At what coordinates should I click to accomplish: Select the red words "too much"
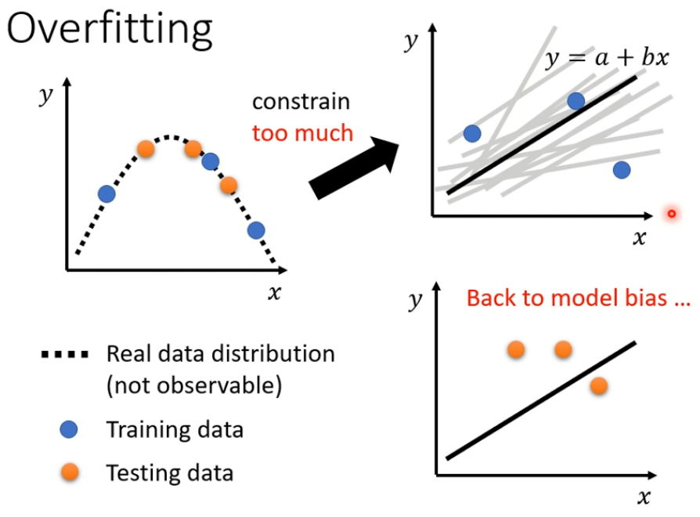(302, 133)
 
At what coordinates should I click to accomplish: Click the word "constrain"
(301, 102)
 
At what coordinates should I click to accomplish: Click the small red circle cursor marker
(670, 213)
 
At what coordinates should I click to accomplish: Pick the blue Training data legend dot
(70, 429)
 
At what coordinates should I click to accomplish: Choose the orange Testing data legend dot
(70, 472)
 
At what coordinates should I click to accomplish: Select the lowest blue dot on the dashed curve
(256, 230)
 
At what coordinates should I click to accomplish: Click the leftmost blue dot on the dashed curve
(106, 193)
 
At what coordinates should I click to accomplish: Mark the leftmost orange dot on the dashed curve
(146, 147)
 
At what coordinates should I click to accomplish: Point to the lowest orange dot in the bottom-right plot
(599, 385)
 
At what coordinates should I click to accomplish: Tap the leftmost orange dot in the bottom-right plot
(516, 349)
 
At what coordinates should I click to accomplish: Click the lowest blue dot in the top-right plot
(622, 169)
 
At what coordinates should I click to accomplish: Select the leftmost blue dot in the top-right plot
(472, 133)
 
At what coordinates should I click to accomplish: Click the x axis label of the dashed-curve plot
(274, 293)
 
